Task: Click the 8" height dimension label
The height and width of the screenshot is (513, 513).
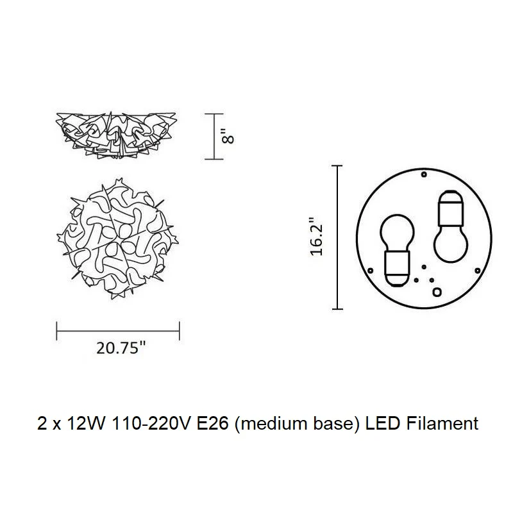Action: [x=228, y=136]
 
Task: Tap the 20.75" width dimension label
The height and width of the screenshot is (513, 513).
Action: [x=121, y=348]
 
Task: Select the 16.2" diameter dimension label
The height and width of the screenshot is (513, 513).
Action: [x=316, y=236]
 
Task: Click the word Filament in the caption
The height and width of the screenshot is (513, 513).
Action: [x=442, y=423]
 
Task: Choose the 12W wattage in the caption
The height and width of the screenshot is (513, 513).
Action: [x=86, y=423]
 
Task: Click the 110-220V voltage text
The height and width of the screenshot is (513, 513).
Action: [x=151, y=423]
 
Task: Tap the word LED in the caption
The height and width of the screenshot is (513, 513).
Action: [x=382, y=423]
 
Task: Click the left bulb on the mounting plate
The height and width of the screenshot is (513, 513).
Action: [x=397, y=250]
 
